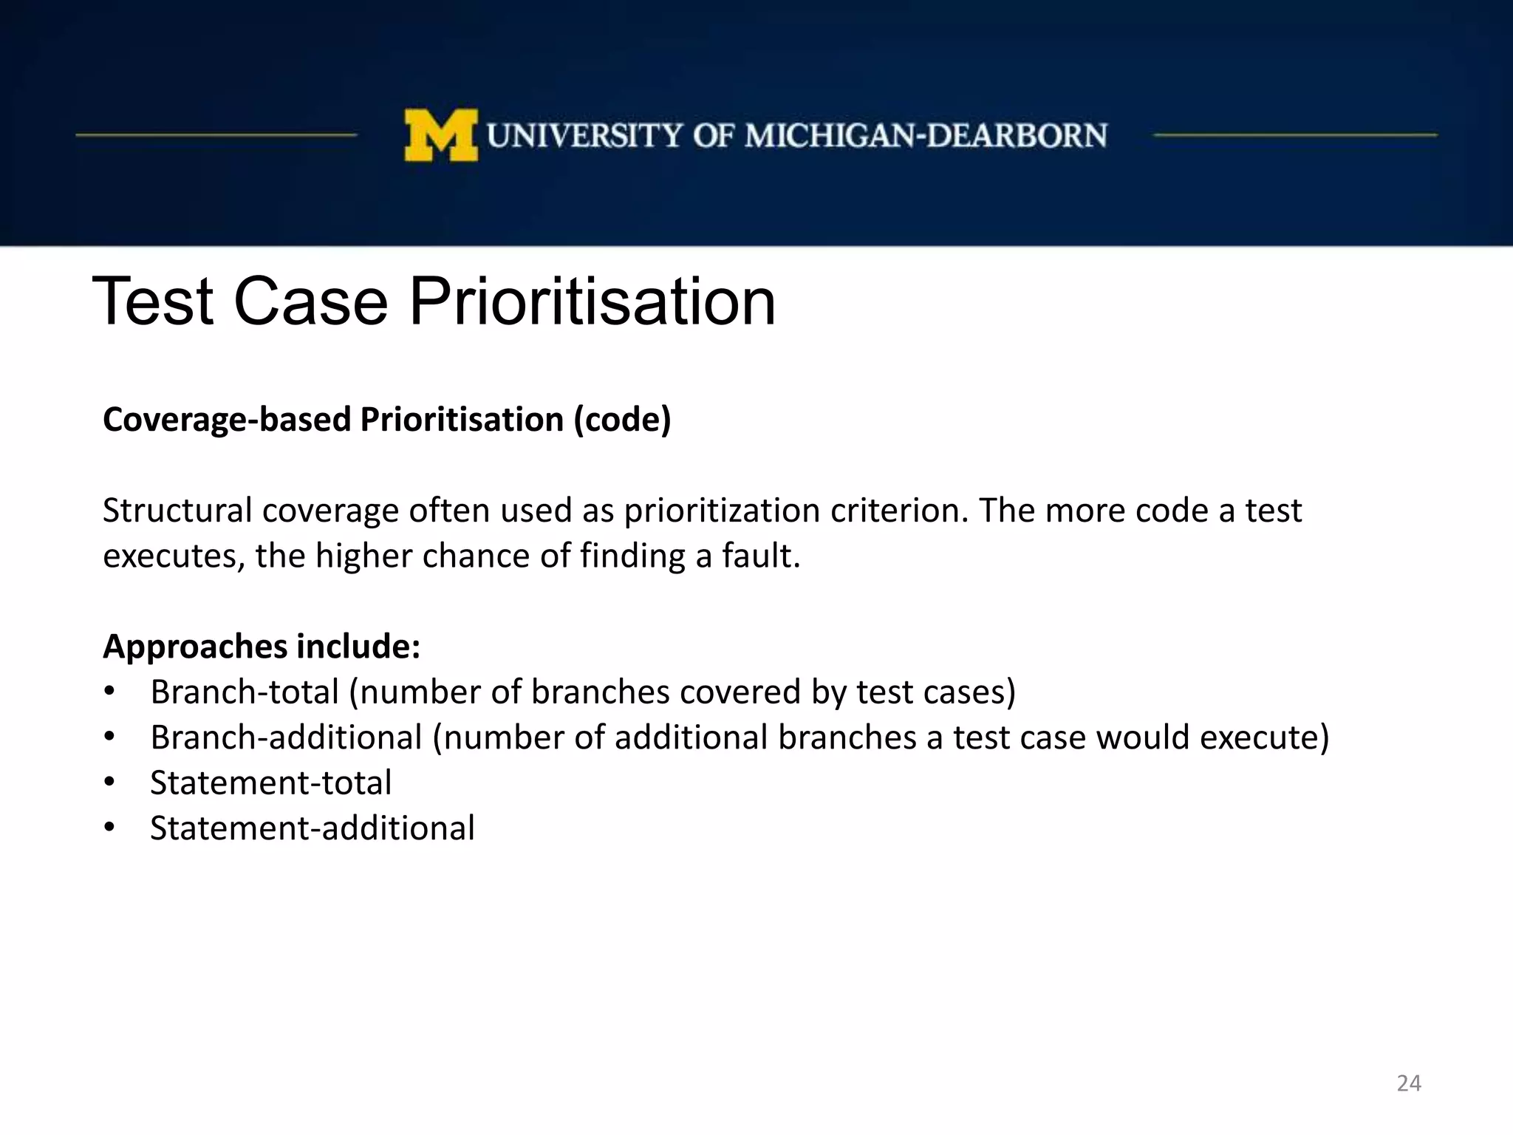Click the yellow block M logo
[440, 135]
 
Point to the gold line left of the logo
[216, 135]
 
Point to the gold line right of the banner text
[1294, 135]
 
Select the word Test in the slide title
[153, 301]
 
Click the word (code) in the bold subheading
[623, 420]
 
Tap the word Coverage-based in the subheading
[227, 420]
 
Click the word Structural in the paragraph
[177, 511]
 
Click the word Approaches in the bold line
[195, 647]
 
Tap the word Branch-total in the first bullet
[245, 692]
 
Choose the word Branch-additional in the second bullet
[286, 737]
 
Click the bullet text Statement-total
[270, 783]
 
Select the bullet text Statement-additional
[312, 828]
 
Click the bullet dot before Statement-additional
[109, 828]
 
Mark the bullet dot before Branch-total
[109, 692]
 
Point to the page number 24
[1409, 1083]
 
